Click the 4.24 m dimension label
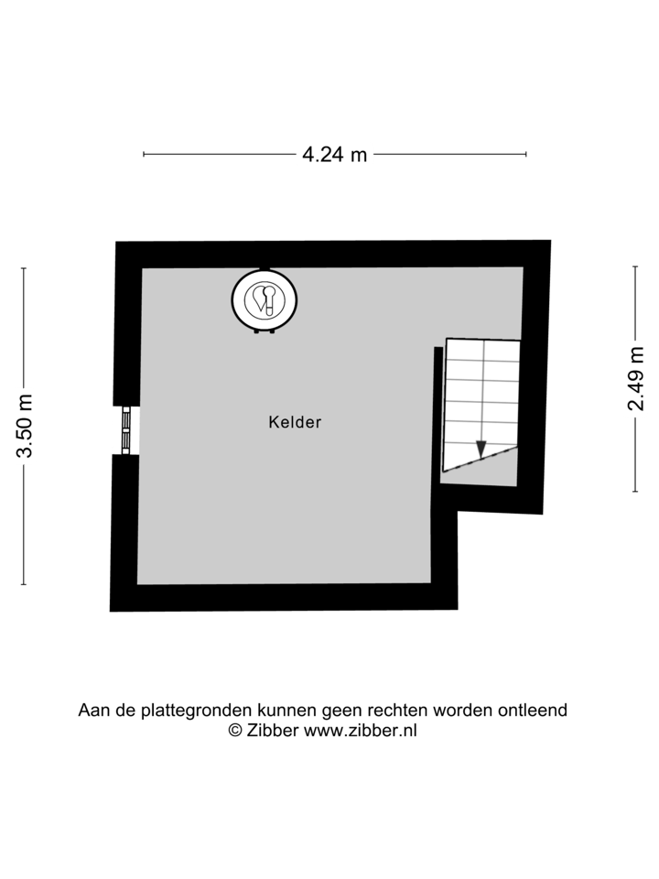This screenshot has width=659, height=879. tap(335, 155)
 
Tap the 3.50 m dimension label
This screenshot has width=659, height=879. tap(25, 426)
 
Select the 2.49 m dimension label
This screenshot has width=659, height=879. tap(635, 378)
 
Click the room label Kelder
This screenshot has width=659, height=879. tap(295, 422)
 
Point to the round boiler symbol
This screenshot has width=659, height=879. tap(265, 298)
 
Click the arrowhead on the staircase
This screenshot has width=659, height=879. tap(481, 449)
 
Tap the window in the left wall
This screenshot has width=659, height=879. tap(124, 429)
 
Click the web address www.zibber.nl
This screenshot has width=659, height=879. tap(360, 730)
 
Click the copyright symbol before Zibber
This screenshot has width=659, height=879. tap(234, 730)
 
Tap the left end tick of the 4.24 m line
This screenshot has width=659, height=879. tap(145, 155)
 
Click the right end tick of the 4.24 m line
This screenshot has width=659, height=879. tap(526, 155)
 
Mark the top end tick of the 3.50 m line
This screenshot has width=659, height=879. tap(25, 268)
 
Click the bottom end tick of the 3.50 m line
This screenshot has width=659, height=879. tap(25, 584)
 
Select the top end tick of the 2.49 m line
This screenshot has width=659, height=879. tap(635, 266)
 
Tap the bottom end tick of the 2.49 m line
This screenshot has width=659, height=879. tap(635, 492)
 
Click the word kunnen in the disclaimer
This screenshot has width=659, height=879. tap(286, 711)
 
